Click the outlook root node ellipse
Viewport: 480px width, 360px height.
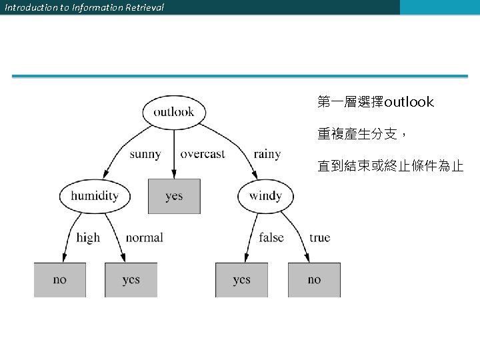(x=173, y=111)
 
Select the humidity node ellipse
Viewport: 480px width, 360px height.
(x=94, y=196)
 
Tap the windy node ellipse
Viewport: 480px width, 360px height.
(x=265, y=196)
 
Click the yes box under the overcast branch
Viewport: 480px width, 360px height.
(x=174, y=196)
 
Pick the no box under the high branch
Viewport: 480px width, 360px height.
(x=60, y=279)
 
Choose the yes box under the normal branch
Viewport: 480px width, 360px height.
(x=131, y=279)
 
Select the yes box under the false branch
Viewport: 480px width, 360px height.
(x=241, y=279)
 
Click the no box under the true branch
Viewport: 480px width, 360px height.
(x=314, y=279)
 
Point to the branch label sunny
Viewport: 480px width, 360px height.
(x=145, y=154)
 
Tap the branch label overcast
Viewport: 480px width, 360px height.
(x=203, y=154)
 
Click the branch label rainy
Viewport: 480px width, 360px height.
(x=267, y=154)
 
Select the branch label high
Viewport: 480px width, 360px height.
(x=88, y=237)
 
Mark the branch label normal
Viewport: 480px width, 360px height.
(x=144, y=237)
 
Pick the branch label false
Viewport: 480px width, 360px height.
(x=271, y=237)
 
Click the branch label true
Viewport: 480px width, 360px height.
(x=319, y=237)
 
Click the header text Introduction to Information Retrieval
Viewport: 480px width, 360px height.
(x=84, y=7)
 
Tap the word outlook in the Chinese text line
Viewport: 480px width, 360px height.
(x=409, y=102)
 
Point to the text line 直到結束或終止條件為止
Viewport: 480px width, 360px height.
(x=390, y=166)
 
